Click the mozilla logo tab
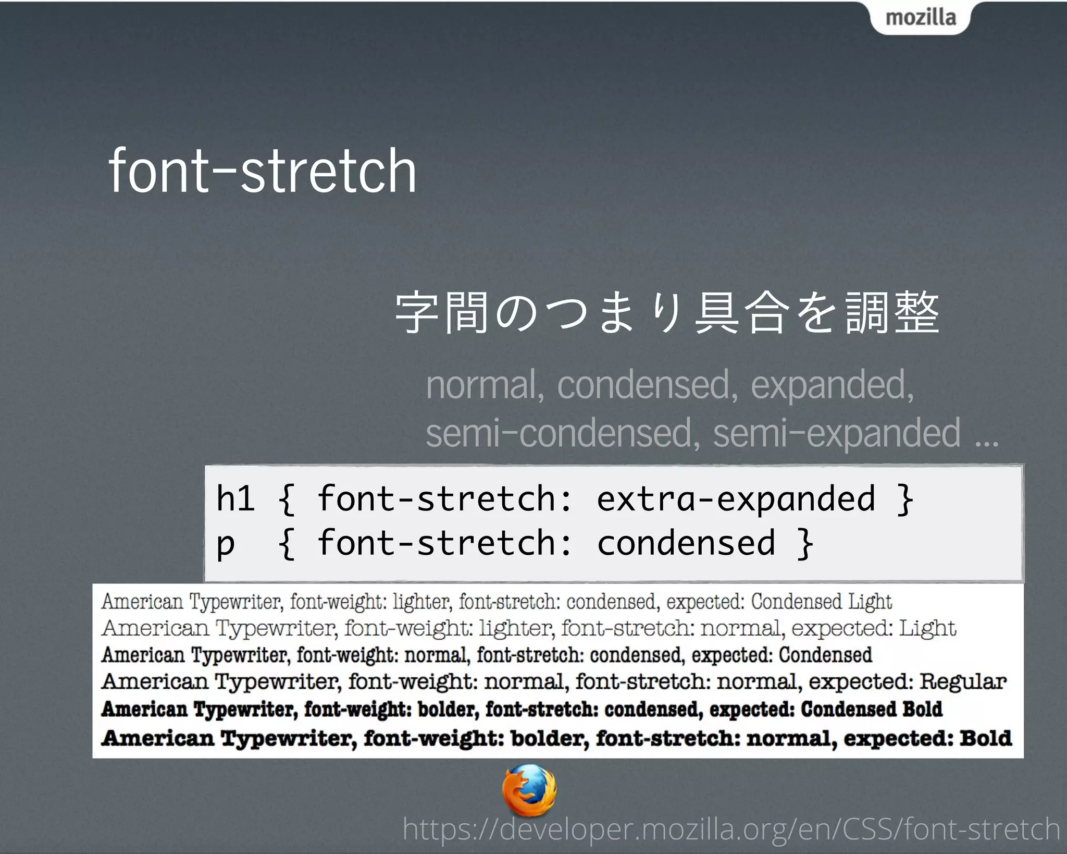pos(921,18)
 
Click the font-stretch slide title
pos(262,171)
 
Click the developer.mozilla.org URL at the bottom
pos(731,829)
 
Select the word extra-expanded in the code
pos(736,499)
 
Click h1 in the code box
pos(235,498)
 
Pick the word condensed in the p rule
pos(686,543)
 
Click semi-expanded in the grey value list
pos(836,433)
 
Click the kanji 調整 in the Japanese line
pos(892,313)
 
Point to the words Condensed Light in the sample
pos(821,602)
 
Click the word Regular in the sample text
pos(963,681)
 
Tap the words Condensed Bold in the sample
pos(871,709)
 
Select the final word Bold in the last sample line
pos(985,738)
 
